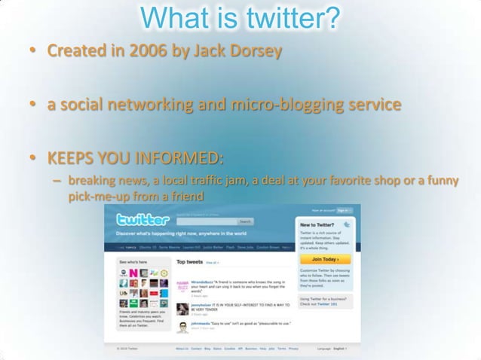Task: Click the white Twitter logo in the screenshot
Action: (x=142, y=221)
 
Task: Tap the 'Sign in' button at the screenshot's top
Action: (x=343, y=211)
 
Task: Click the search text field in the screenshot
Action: (x=206, y=221)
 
